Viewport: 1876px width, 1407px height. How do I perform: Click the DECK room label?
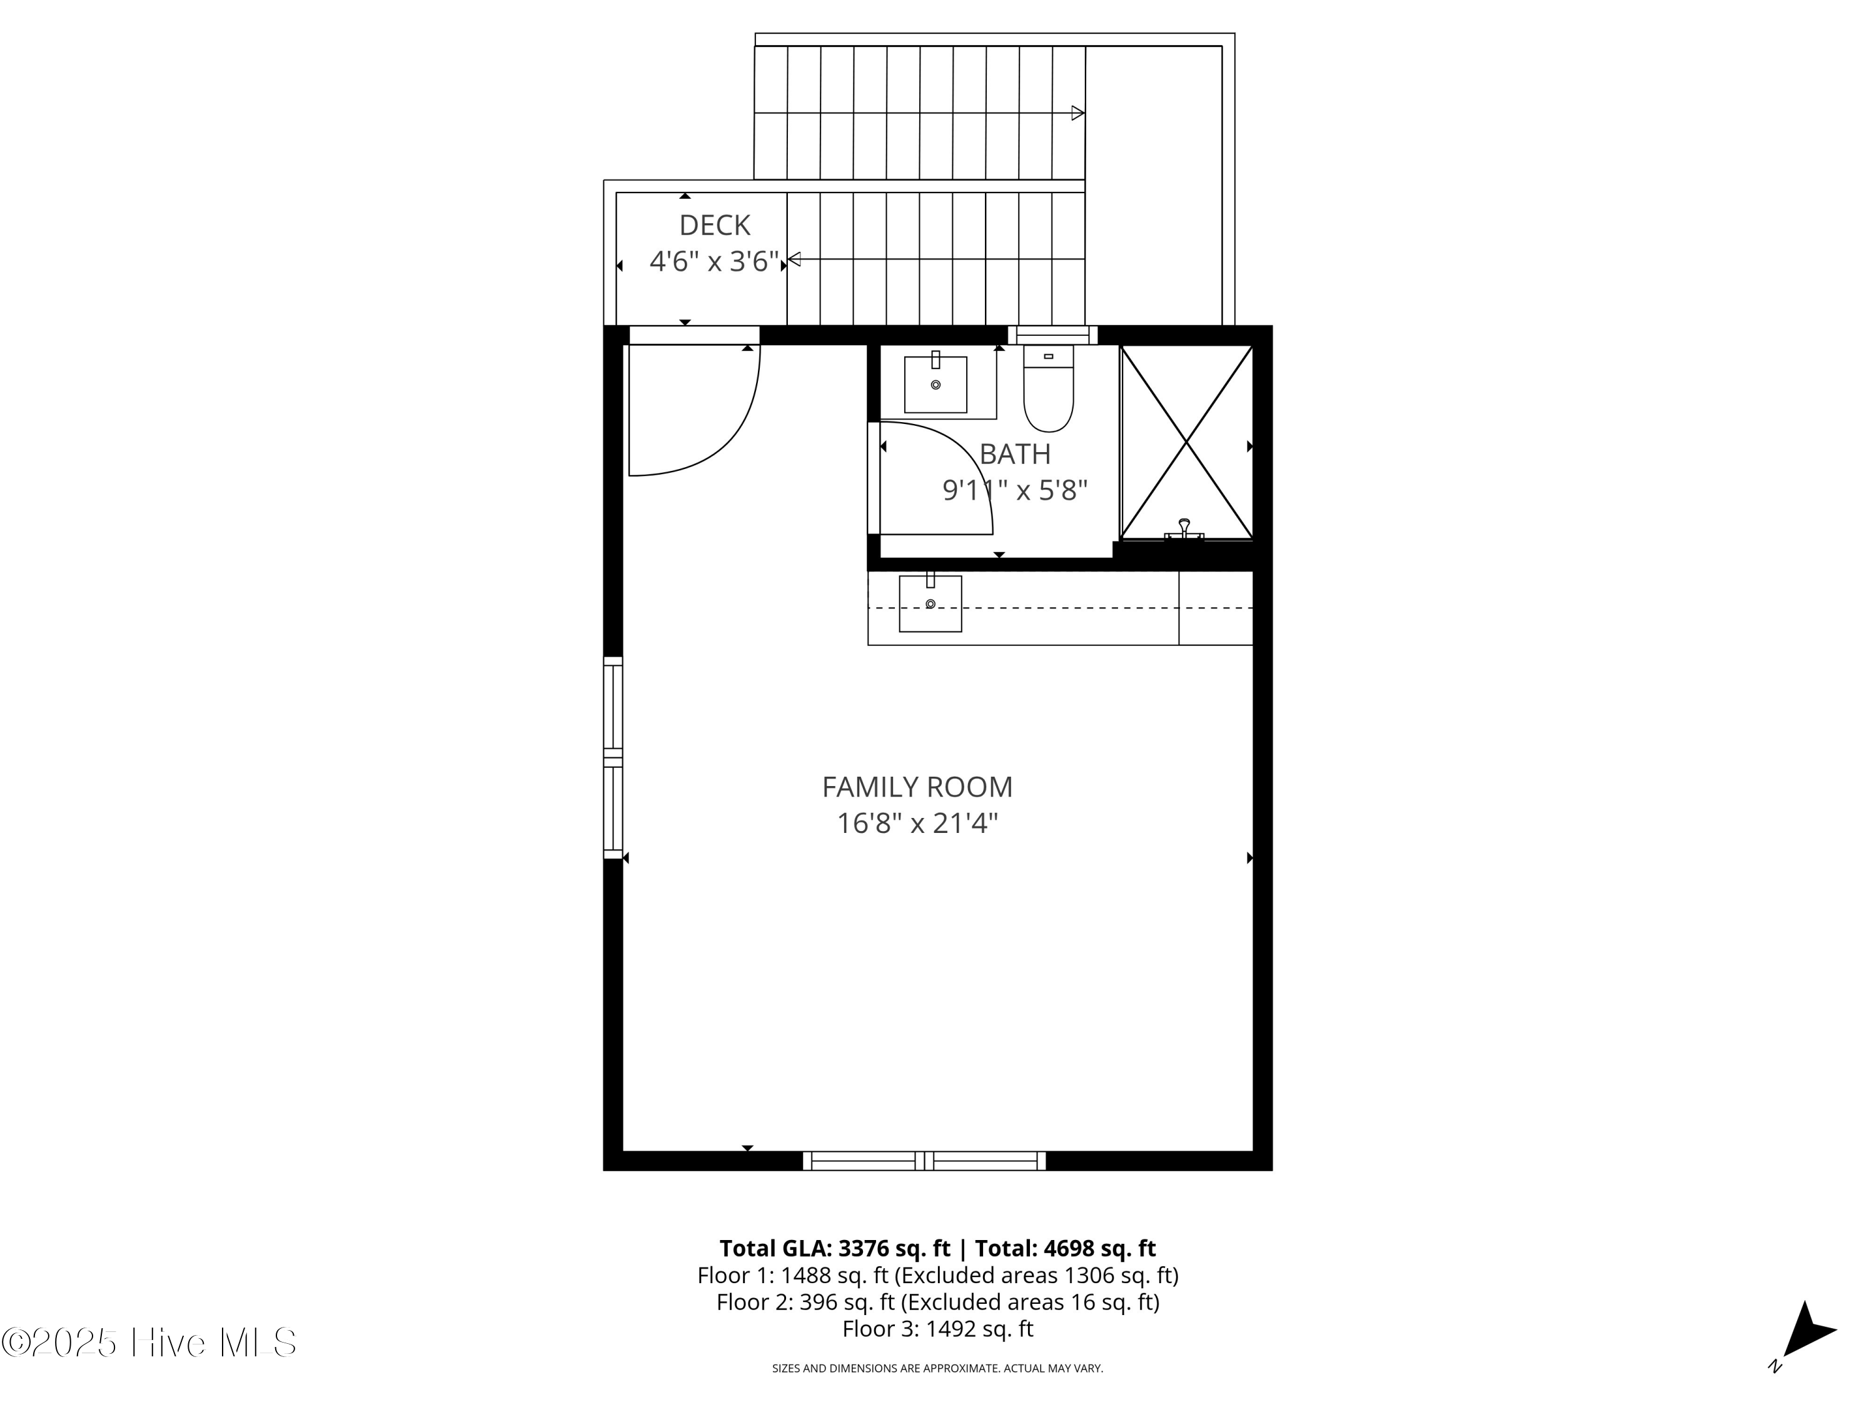(x=714, y=226)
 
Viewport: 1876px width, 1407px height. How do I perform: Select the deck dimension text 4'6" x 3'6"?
(x=714, y=261)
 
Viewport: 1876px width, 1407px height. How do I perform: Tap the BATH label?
(x=1014, y=455)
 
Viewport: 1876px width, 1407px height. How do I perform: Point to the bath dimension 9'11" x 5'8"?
(x=1014, y=490)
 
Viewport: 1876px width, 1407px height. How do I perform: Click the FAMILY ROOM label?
(x=917, y=787)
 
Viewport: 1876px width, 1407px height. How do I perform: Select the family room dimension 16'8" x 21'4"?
(x=917, y=824)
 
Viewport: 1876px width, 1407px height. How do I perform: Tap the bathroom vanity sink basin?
(x=935, y=385)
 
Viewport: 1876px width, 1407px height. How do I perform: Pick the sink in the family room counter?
(x=930, y=604)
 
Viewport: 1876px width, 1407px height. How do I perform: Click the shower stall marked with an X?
(x=1186, y=442)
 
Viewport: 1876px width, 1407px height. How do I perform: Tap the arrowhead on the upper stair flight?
(x=1077, y=113)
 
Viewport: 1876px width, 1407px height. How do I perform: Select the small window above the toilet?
(x=1052, y=335)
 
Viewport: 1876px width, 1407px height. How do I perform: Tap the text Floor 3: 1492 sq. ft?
(x=937, y=1329)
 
